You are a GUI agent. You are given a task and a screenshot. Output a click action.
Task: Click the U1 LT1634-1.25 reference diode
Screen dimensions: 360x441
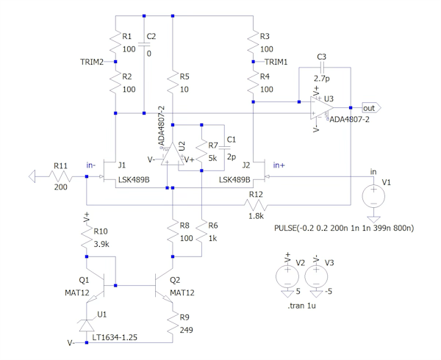(x=87, y=323)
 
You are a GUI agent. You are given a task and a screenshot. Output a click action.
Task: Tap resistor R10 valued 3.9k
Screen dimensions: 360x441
(x=87, y=236)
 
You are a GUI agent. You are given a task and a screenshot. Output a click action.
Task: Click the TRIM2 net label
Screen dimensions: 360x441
(x=92, y=62)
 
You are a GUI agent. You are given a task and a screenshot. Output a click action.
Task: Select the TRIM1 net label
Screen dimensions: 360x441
(x=276, y=62)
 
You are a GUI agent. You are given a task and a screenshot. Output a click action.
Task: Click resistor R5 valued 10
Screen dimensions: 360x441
(x=171, y=82)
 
